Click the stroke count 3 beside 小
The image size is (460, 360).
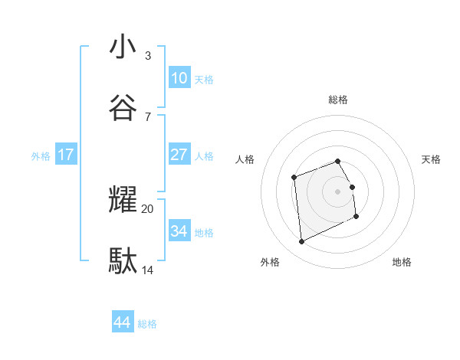click(x=147, y=56)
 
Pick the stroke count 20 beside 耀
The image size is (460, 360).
click(x=147, y=208)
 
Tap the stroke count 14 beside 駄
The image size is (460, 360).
click(x=147, y=270)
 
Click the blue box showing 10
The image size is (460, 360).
click(x=179, y=77)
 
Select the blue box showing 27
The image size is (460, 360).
click(x=179, y=155)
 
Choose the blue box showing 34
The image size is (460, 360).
click(x=179, y=231)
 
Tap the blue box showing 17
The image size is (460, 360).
click(x=66, y=155)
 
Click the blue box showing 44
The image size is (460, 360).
click(x=122, y=322)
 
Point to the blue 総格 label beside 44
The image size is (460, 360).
click(x=147, y=324)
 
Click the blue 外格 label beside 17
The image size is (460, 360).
click(x=41, y=156)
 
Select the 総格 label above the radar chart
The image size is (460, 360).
click(x=338, y=100)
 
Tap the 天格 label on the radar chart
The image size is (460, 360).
click(x=432, y=159)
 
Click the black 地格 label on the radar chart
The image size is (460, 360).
click(x=402, y=262)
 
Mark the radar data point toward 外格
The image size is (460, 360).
click(x=302, y=242)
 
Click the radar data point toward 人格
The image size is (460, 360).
click(x=294, y=178)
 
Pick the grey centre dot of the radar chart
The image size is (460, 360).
click(x=338, y=191)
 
